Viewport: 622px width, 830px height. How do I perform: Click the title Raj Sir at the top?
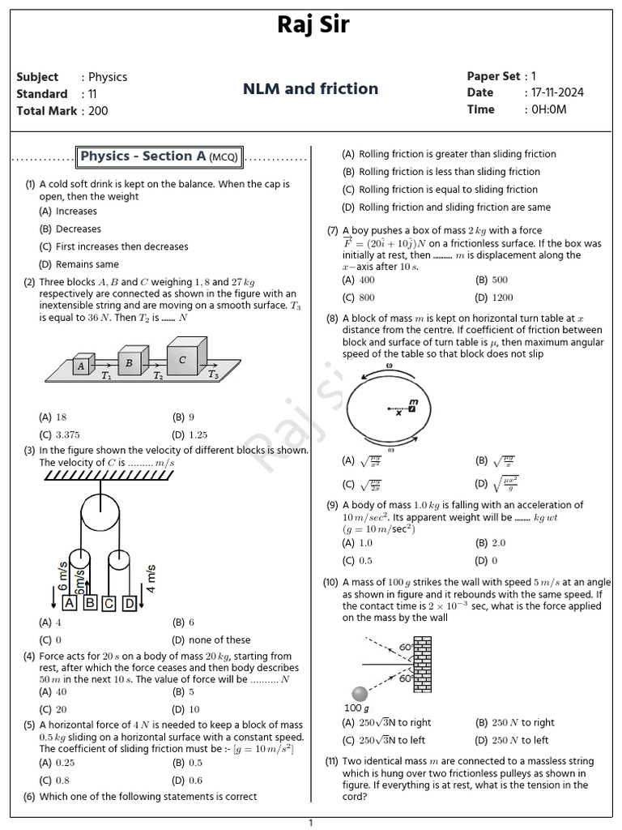[x=313, y=25]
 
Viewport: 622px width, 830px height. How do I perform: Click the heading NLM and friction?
[x=311, y=89]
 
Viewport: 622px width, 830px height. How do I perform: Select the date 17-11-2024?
[x=557, y=92]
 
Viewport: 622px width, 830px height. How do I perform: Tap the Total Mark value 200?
[x=98, y=111]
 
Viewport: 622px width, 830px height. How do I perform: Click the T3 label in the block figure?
[x=213, y=375]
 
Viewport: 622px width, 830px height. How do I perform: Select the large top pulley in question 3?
[x=103, y=511]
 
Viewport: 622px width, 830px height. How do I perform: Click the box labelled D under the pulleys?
[x=129, y=603]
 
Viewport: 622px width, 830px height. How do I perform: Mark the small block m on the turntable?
[x=412, y=408]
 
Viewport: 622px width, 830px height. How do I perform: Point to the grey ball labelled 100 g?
[x=360, y=694]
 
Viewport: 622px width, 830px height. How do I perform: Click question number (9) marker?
[x=332, y=505]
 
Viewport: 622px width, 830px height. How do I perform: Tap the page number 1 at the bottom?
[x=311, y=823]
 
